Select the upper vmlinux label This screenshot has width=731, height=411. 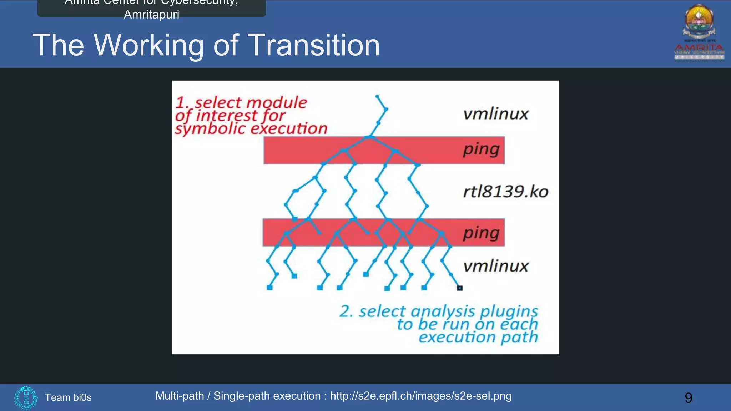tap(495, 114)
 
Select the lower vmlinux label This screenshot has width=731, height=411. tap(495, 266)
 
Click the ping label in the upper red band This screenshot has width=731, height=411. tap(481, 149)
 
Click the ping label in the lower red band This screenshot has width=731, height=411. tap(481, 233)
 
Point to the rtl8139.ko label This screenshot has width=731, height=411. tap(505, 192)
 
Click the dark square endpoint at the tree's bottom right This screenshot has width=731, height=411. tap(460, 288)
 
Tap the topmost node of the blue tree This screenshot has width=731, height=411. tap(377, 96)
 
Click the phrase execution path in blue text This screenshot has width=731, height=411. tap(478, 337)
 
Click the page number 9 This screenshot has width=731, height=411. tap(688, 397)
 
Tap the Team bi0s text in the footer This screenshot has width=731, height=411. tap(68, 397)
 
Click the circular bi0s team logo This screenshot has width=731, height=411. tap(26, 397)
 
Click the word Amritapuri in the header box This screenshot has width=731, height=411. tap(151, 14)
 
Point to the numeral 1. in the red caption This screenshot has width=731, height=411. tap(182, 103)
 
